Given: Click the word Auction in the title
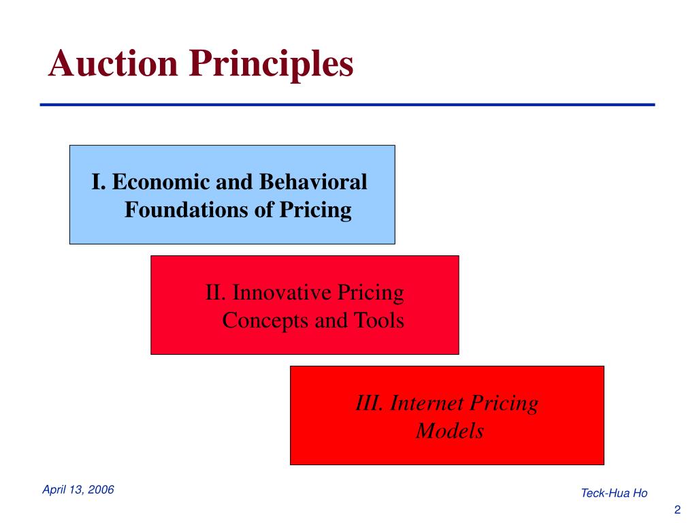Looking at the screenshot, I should point(113,65).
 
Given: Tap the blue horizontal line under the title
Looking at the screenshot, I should point(347,105).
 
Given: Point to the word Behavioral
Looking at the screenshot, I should point(312,183).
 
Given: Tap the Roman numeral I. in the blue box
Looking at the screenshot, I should point(99,183).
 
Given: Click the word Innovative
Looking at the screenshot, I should point(278,294).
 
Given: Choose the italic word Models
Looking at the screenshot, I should point(449,431).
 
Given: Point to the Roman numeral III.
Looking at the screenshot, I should point(370,404).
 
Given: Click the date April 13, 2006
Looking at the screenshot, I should point(78,490).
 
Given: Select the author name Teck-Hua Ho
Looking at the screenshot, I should point(614,493).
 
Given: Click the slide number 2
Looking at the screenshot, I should point(677,510).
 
